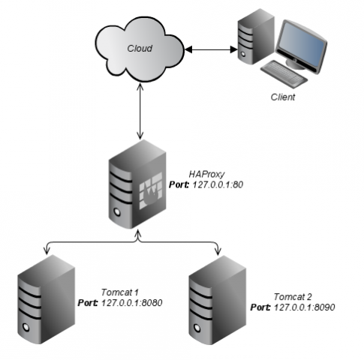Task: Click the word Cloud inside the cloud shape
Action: pyautogui.click(x=139, y=48)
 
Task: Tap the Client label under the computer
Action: pyautogui.click(x=284, y=97)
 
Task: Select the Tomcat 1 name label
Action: pyautogui.click(x=120, y=292)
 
